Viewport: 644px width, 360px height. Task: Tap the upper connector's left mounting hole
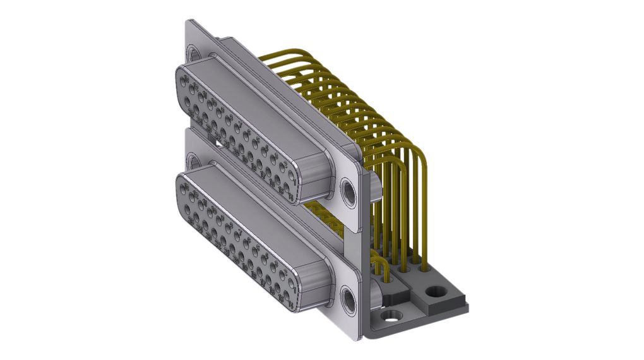tap(193, 54)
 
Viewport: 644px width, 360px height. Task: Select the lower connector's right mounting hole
tap(348, 299)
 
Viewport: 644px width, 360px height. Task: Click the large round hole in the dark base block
tap(434, 292)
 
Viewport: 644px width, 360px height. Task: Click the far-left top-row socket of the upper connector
tap(183, 80)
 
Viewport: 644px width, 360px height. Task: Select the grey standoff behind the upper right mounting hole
tap(374, 186)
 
